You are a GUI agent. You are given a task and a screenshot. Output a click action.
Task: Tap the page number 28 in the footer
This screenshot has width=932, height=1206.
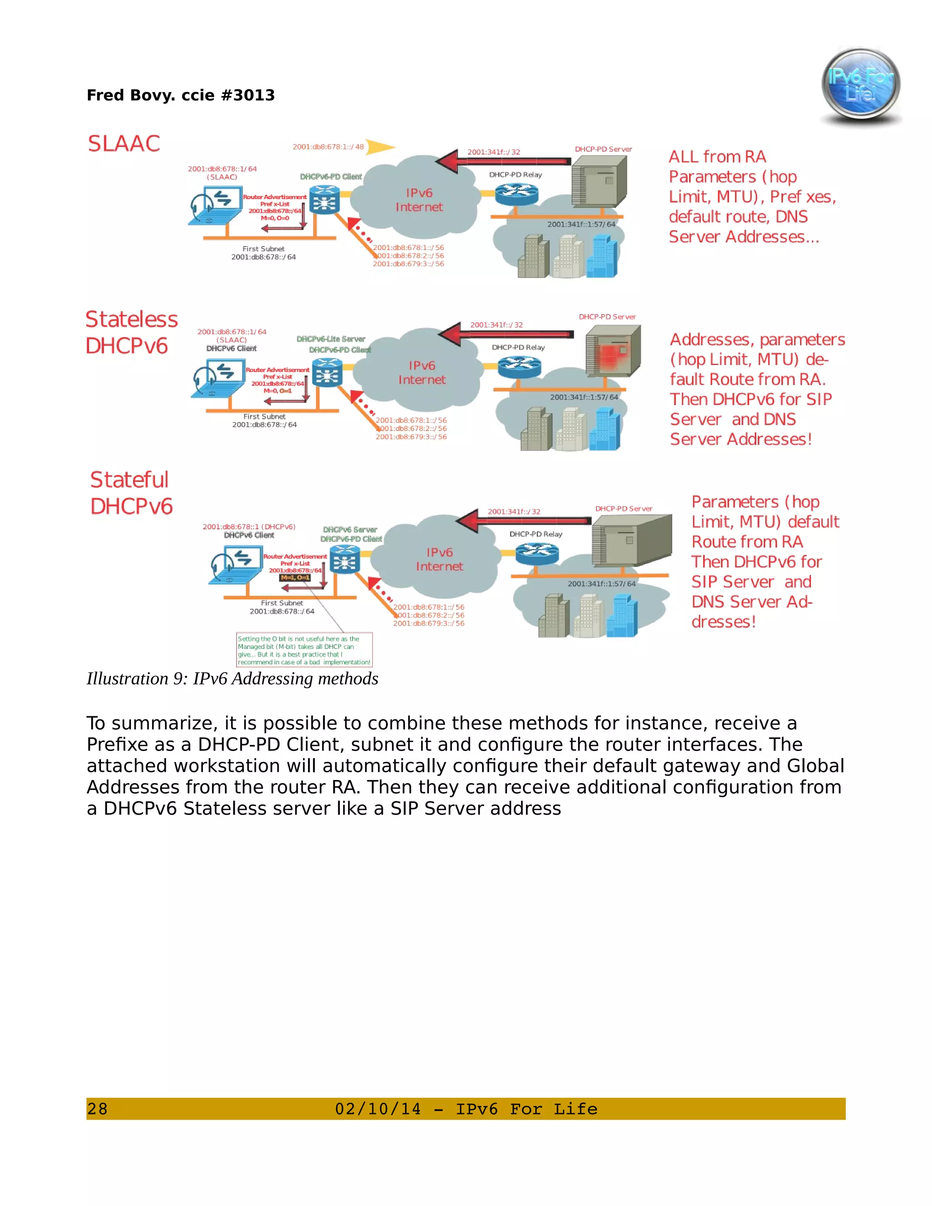pyautogui.click(x=97, y=1109)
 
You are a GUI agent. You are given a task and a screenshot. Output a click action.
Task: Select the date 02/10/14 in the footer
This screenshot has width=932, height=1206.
pyautogui.click(x=378, y=1109)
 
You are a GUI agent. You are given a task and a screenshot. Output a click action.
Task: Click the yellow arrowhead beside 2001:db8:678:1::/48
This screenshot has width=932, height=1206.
pyautogui.click(x=380, y=147)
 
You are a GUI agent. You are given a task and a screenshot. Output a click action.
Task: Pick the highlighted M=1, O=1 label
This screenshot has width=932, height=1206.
pyautogui.click(x=295, y=578)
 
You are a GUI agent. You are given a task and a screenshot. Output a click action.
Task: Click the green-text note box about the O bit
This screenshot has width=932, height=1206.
pyautogui.click(x=304, y=650)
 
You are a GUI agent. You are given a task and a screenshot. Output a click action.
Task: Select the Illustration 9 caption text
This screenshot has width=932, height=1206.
pyautogui.click(x=232, y=679)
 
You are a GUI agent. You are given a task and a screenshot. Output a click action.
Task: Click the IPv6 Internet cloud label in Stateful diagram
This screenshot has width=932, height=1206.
pyautogui.click(x=440, y=559)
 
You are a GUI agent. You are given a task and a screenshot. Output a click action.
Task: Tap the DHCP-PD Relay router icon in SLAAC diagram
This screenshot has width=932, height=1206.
pyautogui.click(x=516, y=193)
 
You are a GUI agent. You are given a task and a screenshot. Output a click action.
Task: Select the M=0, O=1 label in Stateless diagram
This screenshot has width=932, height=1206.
pyautogui.click(x=278, y=390)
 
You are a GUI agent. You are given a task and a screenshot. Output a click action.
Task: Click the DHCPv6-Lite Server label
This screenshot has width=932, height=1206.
pyautogui.click(x=331, y=339)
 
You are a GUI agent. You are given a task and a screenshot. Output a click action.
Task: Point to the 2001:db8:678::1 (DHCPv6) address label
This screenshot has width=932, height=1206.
pyautogui.click(x=249, y=527)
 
